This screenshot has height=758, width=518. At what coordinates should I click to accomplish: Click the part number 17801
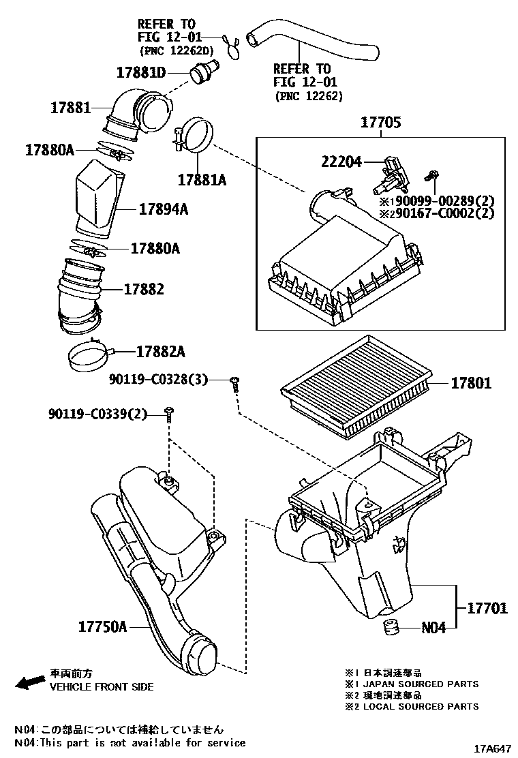pyautogui.click(x=470, y=384)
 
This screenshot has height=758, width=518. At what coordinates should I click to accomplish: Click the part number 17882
pyautogui.click(x=144, y=289)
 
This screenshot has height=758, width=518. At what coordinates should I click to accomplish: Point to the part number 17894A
pyautogui.click(x=163, y=209)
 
